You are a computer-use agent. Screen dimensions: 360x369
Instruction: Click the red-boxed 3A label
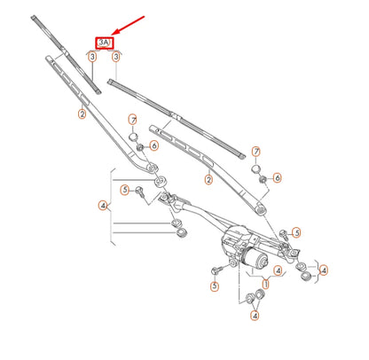(x=105, y=43)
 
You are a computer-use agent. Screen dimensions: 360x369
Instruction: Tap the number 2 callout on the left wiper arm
(x=82, y=114)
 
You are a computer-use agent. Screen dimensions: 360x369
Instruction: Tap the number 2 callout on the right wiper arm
(x=208, y=180)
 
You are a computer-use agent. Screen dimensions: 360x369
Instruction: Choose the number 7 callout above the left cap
(x=133, y=120)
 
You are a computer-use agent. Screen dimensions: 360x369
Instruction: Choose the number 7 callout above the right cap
(x=256, y=153)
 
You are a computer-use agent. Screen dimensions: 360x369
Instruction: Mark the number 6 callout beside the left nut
(x=153, y=145)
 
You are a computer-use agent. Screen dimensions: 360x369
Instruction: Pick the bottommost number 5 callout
(x=214, y=286)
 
